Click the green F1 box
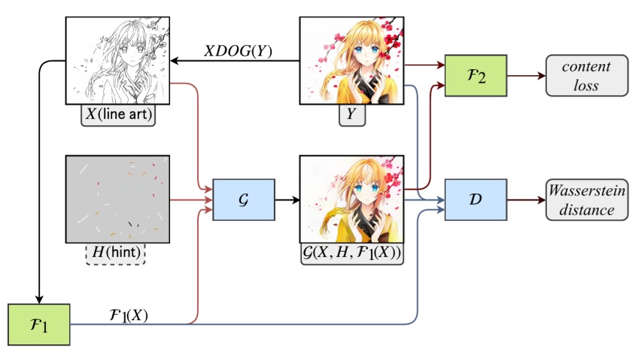(38, 324)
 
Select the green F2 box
(475, 76)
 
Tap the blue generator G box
(243, 200)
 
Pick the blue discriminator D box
(475, 200)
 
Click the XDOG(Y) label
(239, 51)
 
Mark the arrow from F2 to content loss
(525, 76)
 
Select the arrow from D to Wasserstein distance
(525, 200)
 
